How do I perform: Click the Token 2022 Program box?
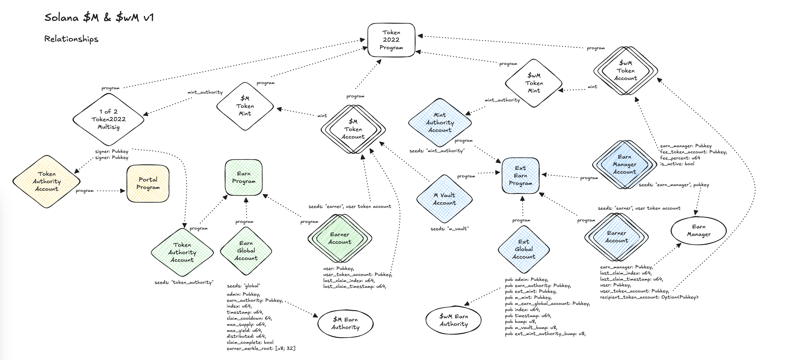pos(391,40)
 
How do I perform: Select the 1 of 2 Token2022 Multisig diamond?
pos(108,119)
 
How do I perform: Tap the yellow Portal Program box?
pos(148,183)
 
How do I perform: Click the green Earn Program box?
pos(244,177)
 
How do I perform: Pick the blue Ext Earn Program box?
pos(520,176)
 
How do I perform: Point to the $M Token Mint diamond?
pos(245,106)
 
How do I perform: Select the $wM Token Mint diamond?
pos(534,83)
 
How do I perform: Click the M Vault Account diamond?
pos(444,199)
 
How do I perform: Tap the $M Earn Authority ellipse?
pos(345,323)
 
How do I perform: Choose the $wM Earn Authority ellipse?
pos(453,320)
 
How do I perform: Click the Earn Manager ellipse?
pos(698,230)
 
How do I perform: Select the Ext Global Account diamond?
pos(524,249)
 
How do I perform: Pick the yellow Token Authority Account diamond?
pos(46,181)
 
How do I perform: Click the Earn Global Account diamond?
pos(246,251)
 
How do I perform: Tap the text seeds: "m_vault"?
pos(449,229)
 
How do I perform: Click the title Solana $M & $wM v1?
pos(99,17)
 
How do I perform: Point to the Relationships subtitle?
pos(71,39)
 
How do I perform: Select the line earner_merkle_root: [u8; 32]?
pos(261,348)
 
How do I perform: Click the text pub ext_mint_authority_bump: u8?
pos(545,334)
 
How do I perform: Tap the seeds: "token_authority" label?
pos(184,282)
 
